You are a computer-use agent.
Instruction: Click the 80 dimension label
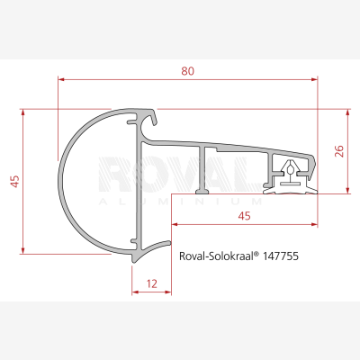(187, 71)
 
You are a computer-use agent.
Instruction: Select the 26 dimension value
(338, 151)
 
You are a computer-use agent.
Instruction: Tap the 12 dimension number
(152, 283)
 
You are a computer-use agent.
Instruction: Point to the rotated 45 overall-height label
(14, 181)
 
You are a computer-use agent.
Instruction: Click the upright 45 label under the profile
(244, 216)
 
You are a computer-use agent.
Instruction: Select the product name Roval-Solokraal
(216, 256)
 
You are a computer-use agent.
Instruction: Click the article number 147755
(281, 256)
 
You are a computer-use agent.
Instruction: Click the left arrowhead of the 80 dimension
(61, 79)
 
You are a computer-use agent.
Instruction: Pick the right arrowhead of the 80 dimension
(314, 79)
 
